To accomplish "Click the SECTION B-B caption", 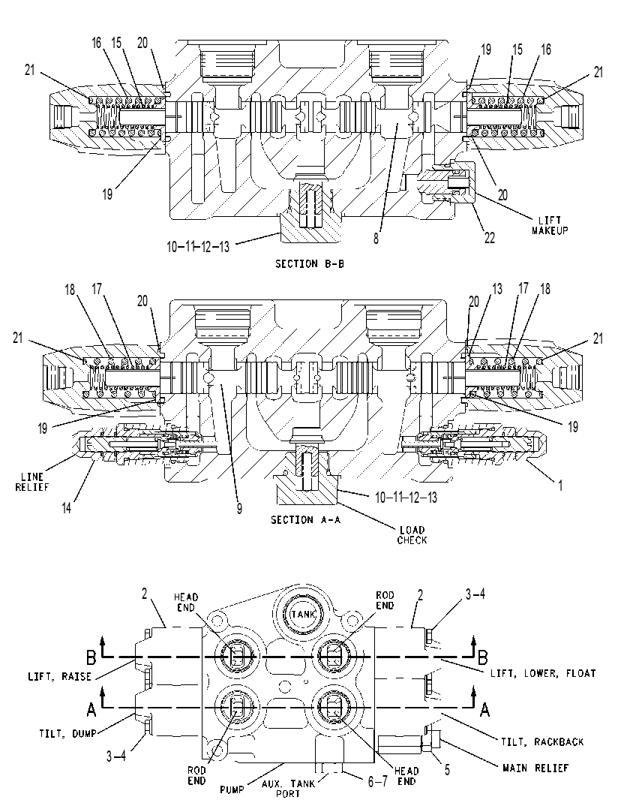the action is tap(309, 264).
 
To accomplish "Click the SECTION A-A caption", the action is tap(305, 519).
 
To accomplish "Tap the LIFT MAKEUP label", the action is tap(549, 225).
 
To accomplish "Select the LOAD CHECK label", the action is tap(412, 535).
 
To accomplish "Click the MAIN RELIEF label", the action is tap(535, 768).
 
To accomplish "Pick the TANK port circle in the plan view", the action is tap(303, 614).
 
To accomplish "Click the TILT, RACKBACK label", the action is tap(542, 741).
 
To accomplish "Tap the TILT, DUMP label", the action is tap(67, 733).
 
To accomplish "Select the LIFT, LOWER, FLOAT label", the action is tap(543, 673).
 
